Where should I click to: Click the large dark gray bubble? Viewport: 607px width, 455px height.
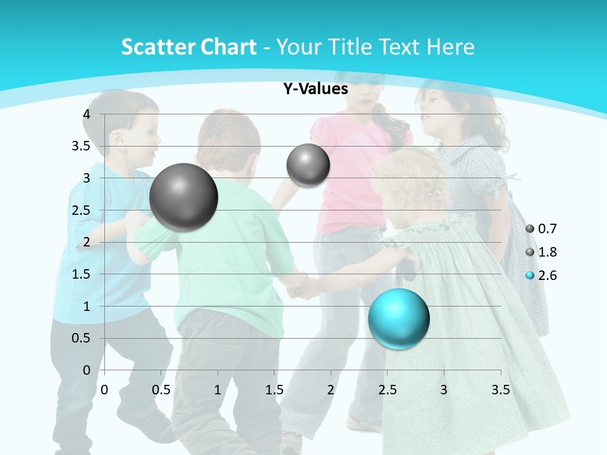click(184, 197)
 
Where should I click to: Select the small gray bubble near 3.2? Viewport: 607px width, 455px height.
click(308, 166)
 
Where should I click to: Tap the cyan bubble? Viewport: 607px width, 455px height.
click(398, 318)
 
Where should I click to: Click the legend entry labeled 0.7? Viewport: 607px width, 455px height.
click(542, 229)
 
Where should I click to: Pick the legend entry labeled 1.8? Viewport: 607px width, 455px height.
click(542, 252)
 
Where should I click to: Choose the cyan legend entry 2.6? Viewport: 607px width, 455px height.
click(542, 276)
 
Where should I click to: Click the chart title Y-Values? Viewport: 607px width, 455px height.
click(316, 88)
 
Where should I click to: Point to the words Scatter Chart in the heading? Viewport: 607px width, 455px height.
click(188, 47)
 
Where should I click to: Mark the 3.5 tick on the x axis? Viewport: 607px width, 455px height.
click(500, 390)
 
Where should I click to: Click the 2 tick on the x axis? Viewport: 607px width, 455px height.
click(331, 390)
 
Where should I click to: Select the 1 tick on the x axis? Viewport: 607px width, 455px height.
click(218, 390)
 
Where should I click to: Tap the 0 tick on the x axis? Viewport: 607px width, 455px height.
click(105, 390)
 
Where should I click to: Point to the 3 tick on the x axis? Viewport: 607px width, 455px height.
click(444, 390)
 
